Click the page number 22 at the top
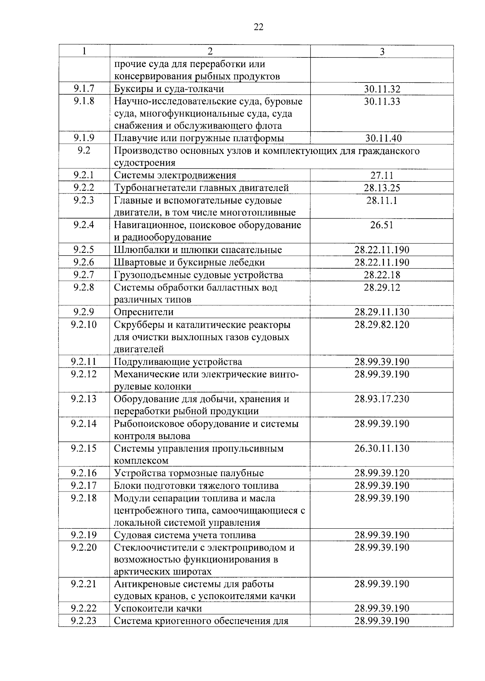pyautogui.click(x=259, y=27)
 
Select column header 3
pyautogui.click(x=382, y=52)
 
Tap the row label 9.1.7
pyautogui.click(x=84, y=89)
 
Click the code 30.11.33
pyautogui.click(x=382, y=101)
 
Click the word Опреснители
pyautogui.click(x=143, y=312)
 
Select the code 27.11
pyautogui.click(x=382, y=176)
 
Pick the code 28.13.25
pyautogui.click(x=382, y=188)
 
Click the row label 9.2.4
pyautogui.click(x=84, y=225)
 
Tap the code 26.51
pyautogui.click(x=382, y=225)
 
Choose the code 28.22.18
pyautogui.click(x=382, y=275)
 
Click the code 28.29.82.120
pyautogui.click(x=382, y=325)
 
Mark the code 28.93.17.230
pyautogui.click(x=382, y=399)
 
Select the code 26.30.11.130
pyautogui.click(x=382, y=448)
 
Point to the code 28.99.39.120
pyautogui.click(x=382, y=473)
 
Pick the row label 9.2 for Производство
pyautogui.click(x=84, y=151)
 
